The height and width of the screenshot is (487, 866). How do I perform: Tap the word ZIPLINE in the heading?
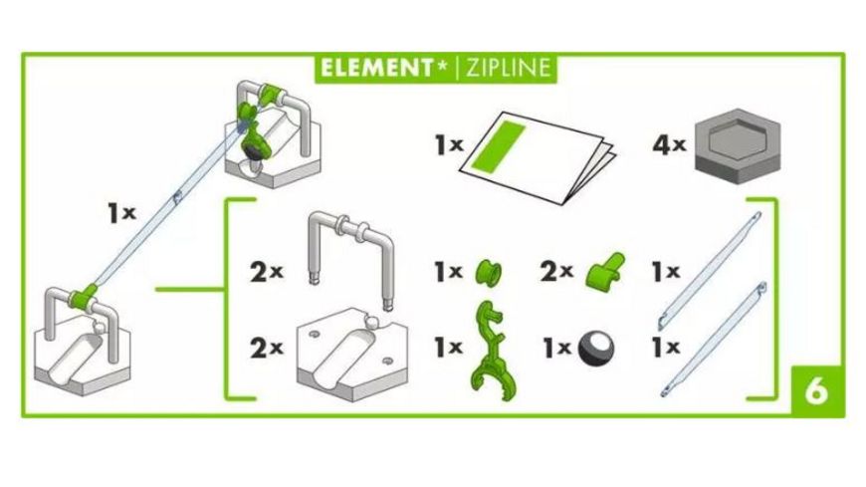[x=503, y=68]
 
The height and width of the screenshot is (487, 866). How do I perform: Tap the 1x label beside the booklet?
[x=449, y=145]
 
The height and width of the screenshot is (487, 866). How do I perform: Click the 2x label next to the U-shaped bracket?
[x=267, y=271]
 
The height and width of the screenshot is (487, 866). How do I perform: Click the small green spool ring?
[x=489, y=270]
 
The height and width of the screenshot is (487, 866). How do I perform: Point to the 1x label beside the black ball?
[x=557, y=349]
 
